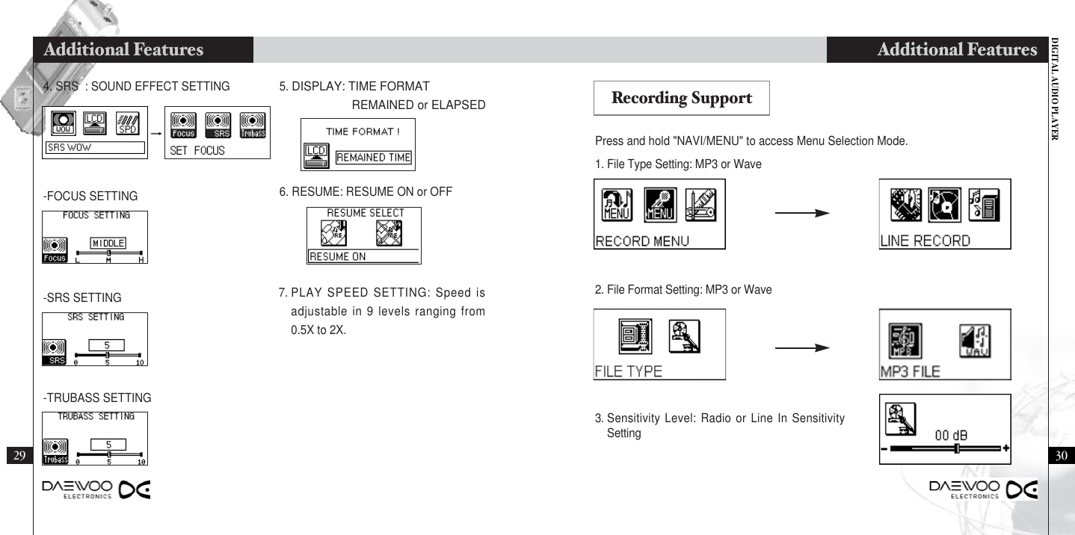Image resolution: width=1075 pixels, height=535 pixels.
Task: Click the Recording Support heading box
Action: [681, 98]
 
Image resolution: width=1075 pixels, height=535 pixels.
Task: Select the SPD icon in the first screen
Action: [126, 124]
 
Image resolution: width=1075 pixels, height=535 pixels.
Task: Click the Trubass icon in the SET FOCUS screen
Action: [253, 125]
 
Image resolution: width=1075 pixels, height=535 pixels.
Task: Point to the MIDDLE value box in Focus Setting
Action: [108, 242]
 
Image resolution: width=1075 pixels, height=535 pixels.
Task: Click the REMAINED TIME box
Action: [373, 158]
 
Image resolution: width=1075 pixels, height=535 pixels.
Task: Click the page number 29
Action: [19, 456]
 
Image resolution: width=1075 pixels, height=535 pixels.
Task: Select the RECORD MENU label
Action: [641, 241]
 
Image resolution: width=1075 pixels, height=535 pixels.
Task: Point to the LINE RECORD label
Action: [925, 241]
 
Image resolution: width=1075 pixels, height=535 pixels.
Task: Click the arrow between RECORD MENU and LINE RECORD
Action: [802, 213]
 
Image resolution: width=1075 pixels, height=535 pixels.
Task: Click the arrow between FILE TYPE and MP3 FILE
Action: [802, 347]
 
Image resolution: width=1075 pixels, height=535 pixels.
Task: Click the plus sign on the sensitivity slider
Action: [1005, 448]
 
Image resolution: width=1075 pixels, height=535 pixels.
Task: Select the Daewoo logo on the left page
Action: [96, 490]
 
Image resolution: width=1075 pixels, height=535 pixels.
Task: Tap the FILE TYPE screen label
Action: [628, 372]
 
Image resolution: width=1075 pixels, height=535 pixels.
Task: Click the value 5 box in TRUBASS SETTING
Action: [108, 444]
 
